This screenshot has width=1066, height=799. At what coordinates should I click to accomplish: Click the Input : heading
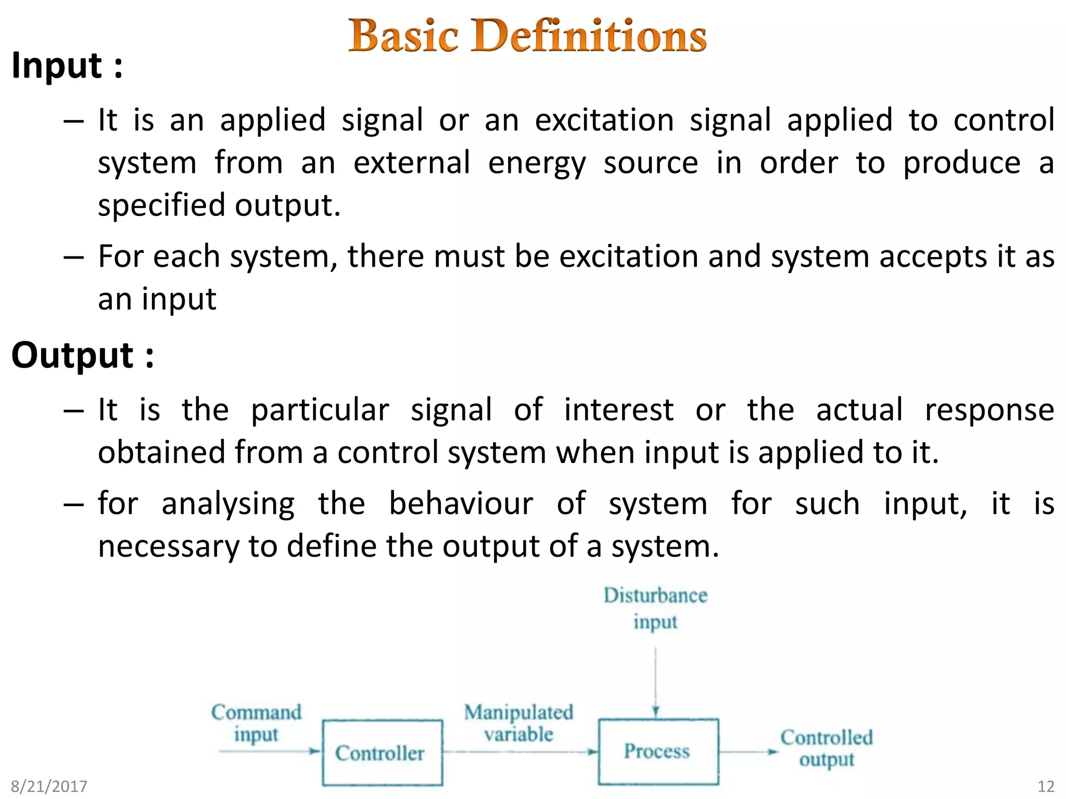67,66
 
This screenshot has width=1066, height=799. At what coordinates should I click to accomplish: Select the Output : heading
83,356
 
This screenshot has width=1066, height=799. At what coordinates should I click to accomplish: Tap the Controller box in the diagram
382,753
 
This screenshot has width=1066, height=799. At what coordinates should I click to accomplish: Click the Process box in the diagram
658,752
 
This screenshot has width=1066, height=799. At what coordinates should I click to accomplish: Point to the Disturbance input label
655,608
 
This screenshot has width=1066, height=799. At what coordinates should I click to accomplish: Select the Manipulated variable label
518,723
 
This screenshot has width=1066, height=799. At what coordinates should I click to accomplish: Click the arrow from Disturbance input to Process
655,681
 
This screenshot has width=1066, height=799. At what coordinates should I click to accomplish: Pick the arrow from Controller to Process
521,752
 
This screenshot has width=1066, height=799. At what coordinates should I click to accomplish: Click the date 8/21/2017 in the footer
49,786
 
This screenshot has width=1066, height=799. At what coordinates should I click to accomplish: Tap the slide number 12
1046,786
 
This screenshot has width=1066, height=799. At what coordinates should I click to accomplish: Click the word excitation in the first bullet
604,120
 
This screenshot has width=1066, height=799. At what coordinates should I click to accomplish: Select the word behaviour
461,504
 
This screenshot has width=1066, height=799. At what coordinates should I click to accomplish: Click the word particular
320,410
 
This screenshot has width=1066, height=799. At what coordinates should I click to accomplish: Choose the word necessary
169,547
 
